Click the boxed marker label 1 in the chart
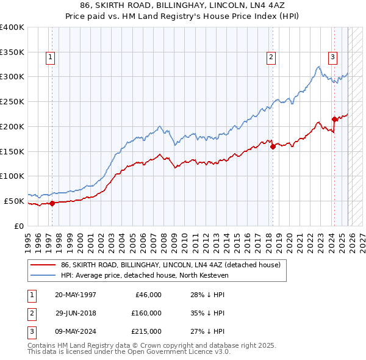[x=49, y=58]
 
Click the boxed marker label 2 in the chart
[x=270, y=58]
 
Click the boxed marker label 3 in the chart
[x=332, y=58]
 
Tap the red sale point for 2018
[x=273, y=146]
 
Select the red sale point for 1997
[x=52, y=203]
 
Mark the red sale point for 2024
[x=334, y=119]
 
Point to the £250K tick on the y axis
[x=12, y=102]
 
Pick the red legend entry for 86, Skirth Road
[x=170, y=265]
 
